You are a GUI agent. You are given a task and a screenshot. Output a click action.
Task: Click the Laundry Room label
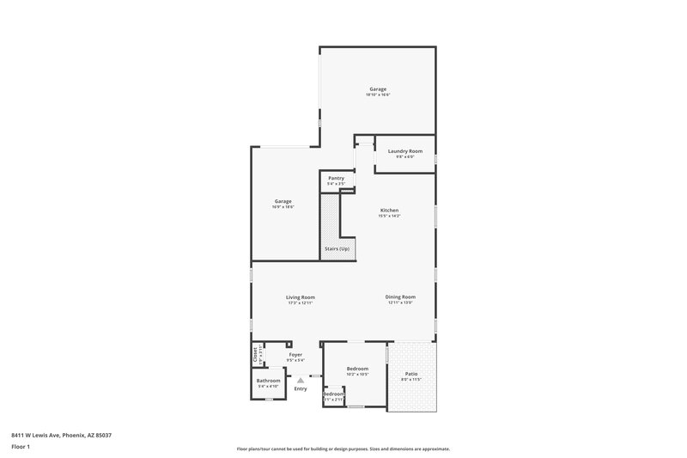coord(404,151)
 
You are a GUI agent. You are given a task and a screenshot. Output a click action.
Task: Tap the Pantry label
coord(336,178)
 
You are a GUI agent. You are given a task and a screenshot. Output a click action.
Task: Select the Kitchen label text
coord(389,211)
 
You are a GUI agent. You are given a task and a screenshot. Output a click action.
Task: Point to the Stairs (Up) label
coord(337,249)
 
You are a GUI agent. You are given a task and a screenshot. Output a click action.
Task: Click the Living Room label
coord(301,297)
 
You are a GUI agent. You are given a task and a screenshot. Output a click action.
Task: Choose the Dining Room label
coord(401,297)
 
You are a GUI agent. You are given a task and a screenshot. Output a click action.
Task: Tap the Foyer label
coord(295,354)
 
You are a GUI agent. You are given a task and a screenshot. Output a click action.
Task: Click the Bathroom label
coord(269,381)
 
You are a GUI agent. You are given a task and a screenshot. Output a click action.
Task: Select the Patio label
coord(411,374)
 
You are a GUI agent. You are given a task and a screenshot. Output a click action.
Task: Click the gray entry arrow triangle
coord(301,381)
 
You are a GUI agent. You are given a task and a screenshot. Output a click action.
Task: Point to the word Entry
coord(301,389)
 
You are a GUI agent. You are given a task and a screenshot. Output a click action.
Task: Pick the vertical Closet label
coord(256,353)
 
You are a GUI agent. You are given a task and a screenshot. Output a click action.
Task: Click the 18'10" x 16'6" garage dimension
coord(378,95)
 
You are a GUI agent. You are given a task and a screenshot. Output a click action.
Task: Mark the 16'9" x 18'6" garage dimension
coord(283,207)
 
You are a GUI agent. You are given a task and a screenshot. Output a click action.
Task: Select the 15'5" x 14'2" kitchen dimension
coord(389,217)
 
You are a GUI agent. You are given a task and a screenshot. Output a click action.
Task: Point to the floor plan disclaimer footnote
coord(343,449)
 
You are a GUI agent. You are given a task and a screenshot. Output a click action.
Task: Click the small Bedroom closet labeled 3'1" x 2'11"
coord(333,397)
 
